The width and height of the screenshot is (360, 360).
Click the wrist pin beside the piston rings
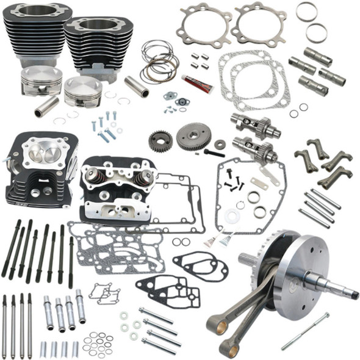click(136, 85)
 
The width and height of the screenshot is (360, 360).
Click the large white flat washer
click(231, 216)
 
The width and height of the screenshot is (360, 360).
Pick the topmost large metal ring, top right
click(306, 11)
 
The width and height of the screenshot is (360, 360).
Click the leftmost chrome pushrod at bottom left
click(4, 326)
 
